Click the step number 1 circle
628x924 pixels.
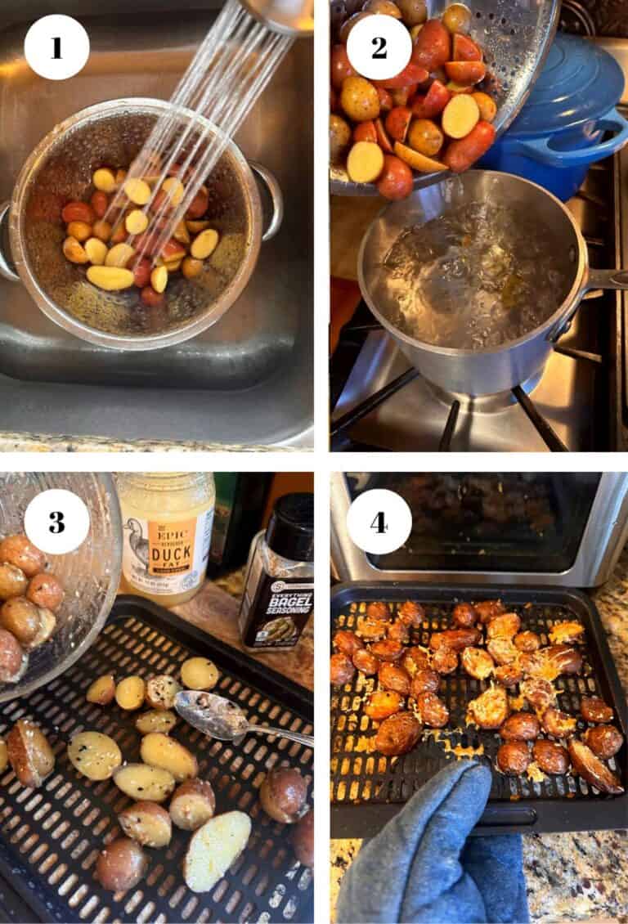56,47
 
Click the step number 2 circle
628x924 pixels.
379,47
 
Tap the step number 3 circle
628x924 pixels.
56,522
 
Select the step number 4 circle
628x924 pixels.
379,522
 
